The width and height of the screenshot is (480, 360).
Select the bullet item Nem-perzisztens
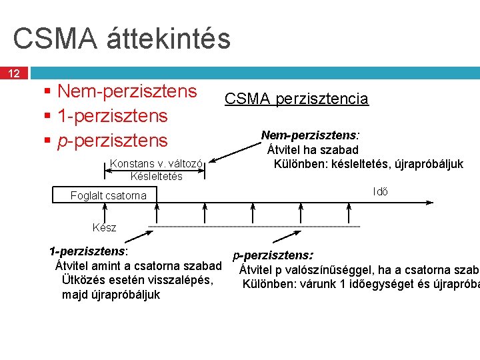(x=127, y=91)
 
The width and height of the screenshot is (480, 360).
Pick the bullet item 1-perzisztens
(x=112, y=116)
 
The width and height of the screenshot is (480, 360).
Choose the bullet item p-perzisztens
(x=112, y=141)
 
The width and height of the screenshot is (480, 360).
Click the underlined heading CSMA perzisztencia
(x=296, y=99)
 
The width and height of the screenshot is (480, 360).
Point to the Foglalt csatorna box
(x=108, y=195)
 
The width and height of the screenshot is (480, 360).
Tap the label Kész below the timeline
(x=104, y=227)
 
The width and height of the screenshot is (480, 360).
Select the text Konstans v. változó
(x=160, y=163)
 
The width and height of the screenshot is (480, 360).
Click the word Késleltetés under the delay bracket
(x=156, y=176)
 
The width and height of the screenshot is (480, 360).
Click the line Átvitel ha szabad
(x=313, y=150)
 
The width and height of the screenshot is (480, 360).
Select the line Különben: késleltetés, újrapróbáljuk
(x=368, y=164)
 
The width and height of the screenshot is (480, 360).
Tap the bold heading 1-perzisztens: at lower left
(x=89, y=251)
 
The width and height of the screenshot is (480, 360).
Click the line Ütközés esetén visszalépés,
(x=137, y=280)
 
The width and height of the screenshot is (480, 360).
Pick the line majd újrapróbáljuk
(x=111, y=294)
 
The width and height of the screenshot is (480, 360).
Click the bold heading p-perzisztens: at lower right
(x=273, y=255)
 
